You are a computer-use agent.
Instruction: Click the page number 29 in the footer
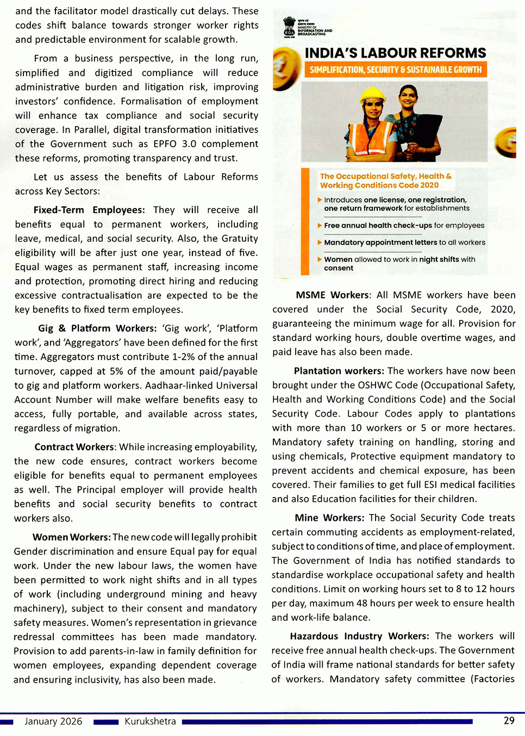(509, 721)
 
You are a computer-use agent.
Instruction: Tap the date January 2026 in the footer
(53, 721)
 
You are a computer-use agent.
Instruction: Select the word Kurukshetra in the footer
(150, 721)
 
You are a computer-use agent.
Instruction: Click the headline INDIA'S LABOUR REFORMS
(395, 53)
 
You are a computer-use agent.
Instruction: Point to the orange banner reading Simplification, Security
(395, 70)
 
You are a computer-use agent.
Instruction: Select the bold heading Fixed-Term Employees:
(89, 210)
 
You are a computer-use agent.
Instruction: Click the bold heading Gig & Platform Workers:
(97, 329)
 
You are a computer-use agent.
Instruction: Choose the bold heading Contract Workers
(74, 447)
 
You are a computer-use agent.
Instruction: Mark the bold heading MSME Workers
(332, 295)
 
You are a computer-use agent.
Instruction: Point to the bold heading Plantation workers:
(339, 371)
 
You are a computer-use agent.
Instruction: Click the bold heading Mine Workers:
(329, 518)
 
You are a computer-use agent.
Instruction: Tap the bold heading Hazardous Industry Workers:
(359, 636)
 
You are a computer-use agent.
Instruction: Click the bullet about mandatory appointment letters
(404, 242)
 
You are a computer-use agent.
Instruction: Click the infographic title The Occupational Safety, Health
(385, 181)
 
